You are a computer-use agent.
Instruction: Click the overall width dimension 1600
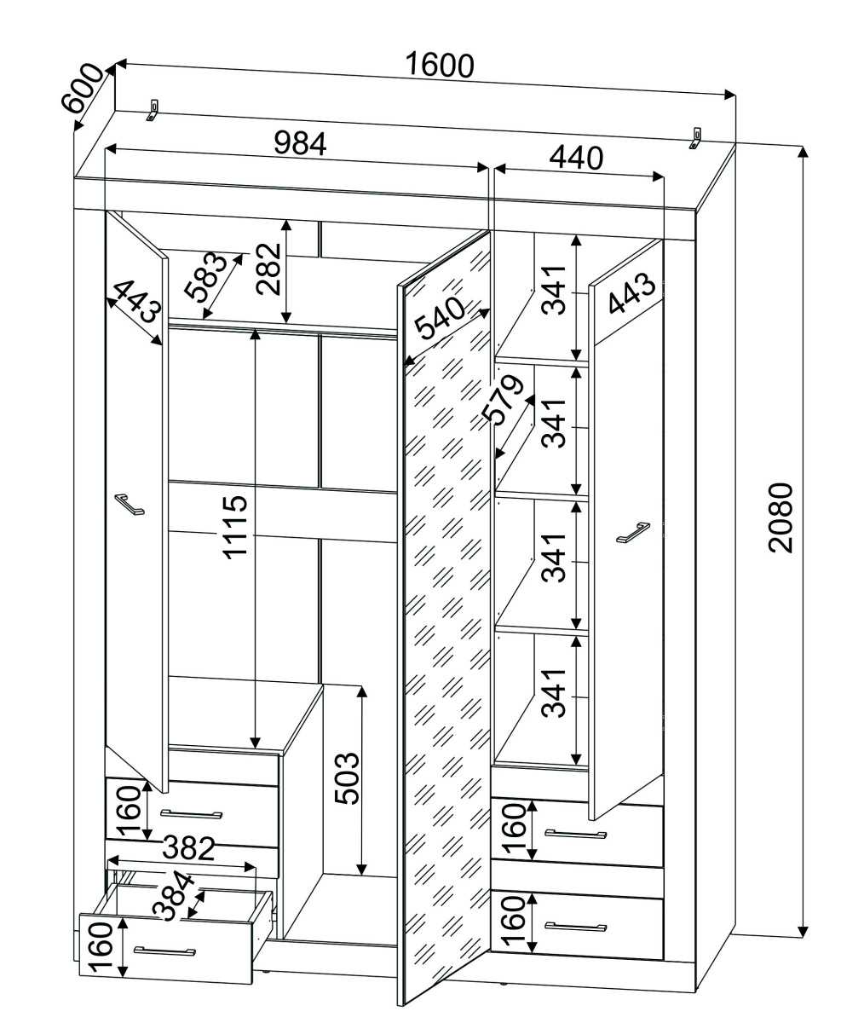[x=439, y=66]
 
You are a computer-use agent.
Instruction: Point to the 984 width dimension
[x=300, y=143]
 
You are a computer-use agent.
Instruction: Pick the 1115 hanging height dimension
[x=234, y=526]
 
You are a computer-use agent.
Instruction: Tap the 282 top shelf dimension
[x=269, y=269]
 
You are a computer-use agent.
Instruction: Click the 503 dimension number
[x=346, y=778]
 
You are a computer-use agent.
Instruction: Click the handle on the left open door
[x=130, y=504]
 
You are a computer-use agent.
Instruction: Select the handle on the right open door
[x=633, y=532]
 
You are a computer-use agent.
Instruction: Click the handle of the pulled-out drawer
[x=164, y=950]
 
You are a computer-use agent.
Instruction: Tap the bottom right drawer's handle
[x=575, y=927]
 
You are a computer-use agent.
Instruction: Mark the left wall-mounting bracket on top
[x=153, y=110]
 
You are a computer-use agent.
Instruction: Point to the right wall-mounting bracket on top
[x=696, y=137]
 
